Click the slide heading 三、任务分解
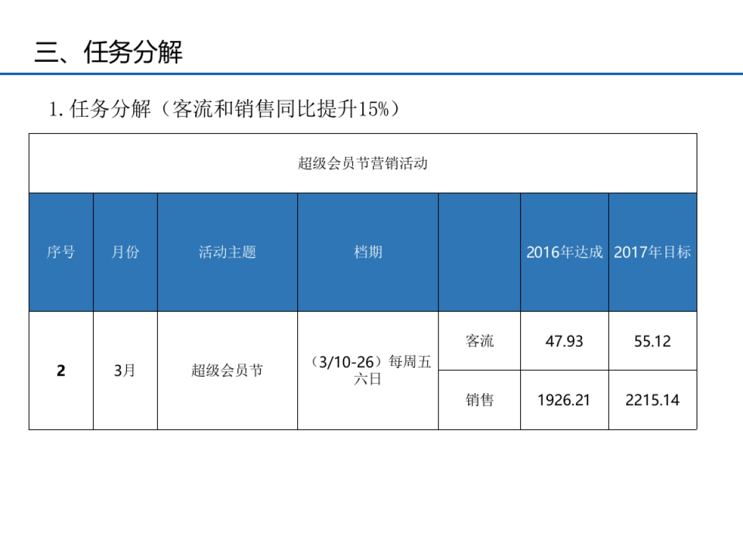(x=108, y=53)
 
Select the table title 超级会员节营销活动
(x=363, y=164)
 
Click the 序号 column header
(x=61, y=253)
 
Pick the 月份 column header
(x=125, y=253)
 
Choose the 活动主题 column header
(x=227, y=253)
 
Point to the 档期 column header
(x=368, y=252)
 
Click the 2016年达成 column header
(x=564, y=253)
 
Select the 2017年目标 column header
(x=652, y=253)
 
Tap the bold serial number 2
(x=61, y=371)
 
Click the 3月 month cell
(x=125, y=371)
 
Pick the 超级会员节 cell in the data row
(x=227, y=371)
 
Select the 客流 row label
(x=479, y=341)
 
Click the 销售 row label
(x=479, y=400)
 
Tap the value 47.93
(x=564, y=341)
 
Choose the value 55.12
(x=652, y=341)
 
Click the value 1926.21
(x=564, y=400)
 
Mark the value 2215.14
(x=652, y=400)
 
